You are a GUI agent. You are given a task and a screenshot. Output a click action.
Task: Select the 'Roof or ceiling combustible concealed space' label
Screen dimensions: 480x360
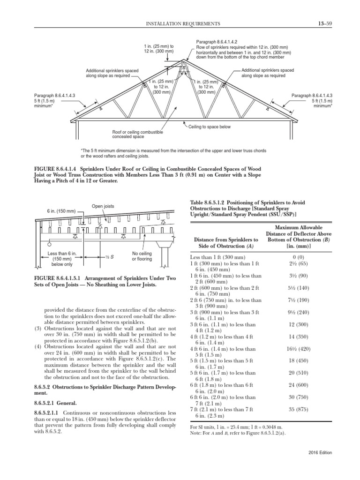137,135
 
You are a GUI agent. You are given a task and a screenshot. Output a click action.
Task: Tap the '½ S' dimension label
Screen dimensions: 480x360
110,257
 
